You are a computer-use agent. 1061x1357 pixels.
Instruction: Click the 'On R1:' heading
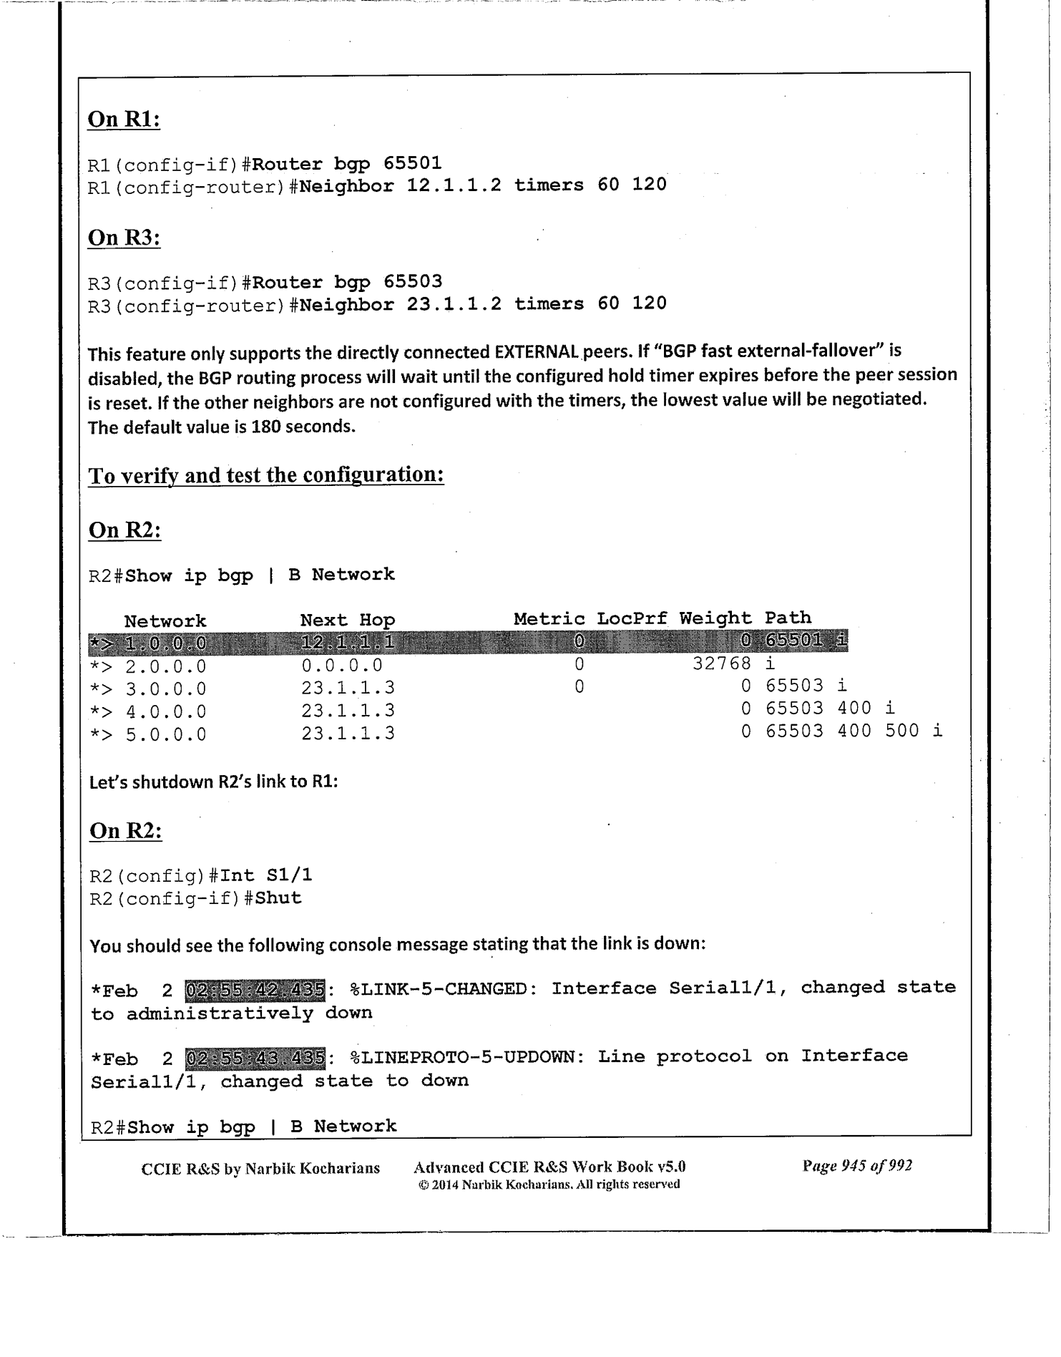point(123,119)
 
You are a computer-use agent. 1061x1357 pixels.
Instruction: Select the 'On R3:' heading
point(123,237)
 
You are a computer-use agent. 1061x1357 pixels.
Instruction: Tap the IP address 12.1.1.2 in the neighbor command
point(454,185)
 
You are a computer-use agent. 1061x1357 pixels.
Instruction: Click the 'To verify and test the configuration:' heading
point(266,475)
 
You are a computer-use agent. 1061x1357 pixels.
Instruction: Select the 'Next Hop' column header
point(347,620)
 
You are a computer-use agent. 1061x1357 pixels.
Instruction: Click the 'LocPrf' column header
point(632,618)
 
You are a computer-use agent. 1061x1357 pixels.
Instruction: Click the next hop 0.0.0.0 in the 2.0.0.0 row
point(342,666)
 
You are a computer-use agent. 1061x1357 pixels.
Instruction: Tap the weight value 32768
point(722,663)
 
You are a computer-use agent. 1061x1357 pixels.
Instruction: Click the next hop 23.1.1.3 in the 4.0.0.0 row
point(348,711)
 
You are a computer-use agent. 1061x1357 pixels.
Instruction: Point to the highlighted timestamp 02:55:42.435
point(255,989)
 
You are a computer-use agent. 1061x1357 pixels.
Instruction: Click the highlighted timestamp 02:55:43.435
point(255,1057)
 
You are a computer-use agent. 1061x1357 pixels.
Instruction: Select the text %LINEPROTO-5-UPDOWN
point(463,1057)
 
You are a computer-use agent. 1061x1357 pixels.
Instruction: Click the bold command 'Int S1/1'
point(266,875)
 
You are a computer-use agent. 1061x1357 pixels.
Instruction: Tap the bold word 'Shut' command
point(278,898)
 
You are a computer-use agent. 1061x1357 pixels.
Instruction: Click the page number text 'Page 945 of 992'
point(857,1166)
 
